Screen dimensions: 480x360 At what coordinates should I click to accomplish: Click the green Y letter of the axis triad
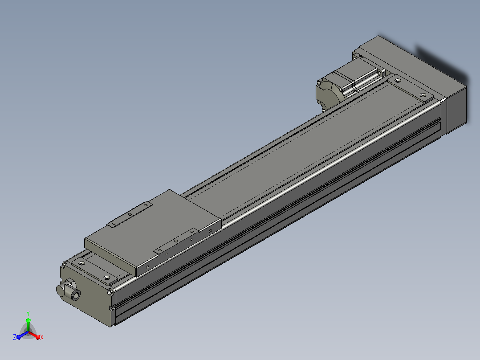[x=28, y=313]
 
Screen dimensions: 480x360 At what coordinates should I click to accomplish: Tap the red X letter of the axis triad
[x=42, y=337]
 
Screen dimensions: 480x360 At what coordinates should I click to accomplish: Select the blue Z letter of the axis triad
[x=15, y=337]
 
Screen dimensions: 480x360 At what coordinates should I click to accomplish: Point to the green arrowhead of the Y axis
[x=28, y=320]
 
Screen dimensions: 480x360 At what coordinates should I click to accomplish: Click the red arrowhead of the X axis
[x=37, y=337]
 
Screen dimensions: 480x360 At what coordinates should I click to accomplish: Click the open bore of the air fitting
[x=76, y=295]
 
